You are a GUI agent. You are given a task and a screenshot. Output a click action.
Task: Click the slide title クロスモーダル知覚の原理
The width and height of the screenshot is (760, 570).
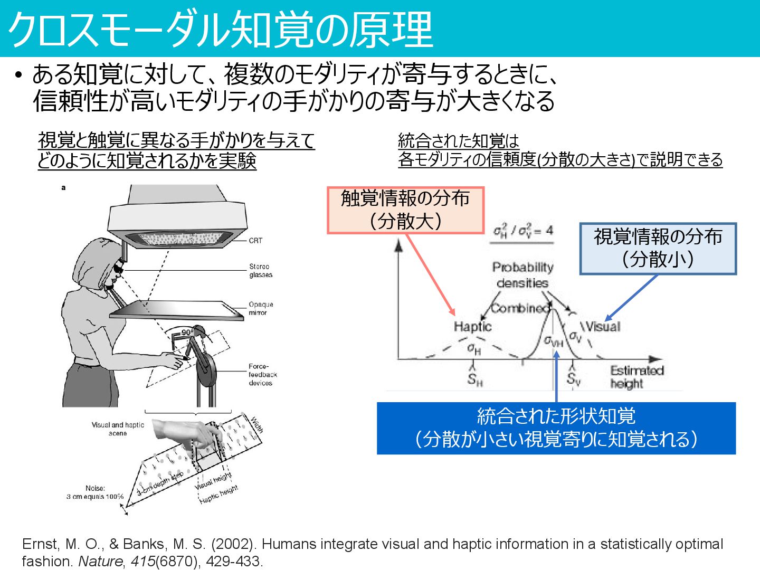221,30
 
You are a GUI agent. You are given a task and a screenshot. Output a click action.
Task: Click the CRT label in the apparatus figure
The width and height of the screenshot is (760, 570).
255,241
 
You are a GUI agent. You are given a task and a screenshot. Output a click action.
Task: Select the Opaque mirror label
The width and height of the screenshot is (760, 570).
261,308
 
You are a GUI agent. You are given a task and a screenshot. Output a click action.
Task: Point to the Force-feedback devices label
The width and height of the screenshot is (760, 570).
262,374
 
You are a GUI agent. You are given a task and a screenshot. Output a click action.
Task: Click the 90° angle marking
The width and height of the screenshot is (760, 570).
187,332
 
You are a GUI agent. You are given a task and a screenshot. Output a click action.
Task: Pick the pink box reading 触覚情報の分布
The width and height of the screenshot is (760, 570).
405,210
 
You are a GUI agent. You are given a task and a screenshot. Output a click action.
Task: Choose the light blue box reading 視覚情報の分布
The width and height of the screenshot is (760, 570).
658,248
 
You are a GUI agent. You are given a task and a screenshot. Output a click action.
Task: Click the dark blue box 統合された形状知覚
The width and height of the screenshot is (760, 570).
556,428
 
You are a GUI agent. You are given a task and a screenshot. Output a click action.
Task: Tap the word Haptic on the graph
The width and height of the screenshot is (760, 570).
472,327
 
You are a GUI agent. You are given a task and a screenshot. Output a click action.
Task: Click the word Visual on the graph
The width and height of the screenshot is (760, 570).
603,326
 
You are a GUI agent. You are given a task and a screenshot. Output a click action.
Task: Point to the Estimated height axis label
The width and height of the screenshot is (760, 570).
636,377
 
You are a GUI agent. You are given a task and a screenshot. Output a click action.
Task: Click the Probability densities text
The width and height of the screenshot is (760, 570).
522,275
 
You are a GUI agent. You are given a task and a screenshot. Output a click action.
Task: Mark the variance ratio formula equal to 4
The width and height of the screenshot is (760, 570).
522,231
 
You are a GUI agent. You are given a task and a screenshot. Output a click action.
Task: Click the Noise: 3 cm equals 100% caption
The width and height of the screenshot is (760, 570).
95,492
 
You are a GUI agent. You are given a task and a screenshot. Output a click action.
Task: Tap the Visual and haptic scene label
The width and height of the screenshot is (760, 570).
118,429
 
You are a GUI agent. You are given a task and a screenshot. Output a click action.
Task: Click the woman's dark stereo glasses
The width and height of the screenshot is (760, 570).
118,269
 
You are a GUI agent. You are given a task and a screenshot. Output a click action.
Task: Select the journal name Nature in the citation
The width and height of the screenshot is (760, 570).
100,561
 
